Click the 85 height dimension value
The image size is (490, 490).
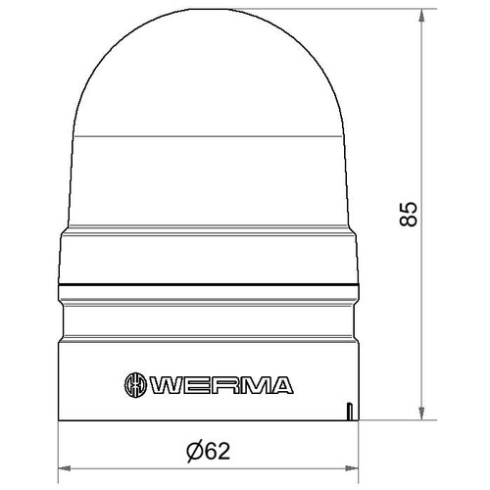(x=409, y=214)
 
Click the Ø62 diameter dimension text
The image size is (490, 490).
(x=209, y=451)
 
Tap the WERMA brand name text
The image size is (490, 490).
(x=221, y=385)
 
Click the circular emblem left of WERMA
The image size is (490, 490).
(x=134, y=385)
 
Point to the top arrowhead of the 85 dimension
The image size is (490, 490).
(x=421, y=16)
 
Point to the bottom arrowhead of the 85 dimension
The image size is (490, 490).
(x=421, y=414)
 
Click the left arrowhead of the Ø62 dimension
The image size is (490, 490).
(x=65, y=468)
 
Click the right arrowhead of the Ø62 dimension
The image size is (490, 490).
(x=352, y=468)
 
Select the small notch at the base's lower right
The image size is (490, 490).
(x=349, y=412)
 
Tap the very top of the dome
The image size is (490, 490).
(x=209, y=9)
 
